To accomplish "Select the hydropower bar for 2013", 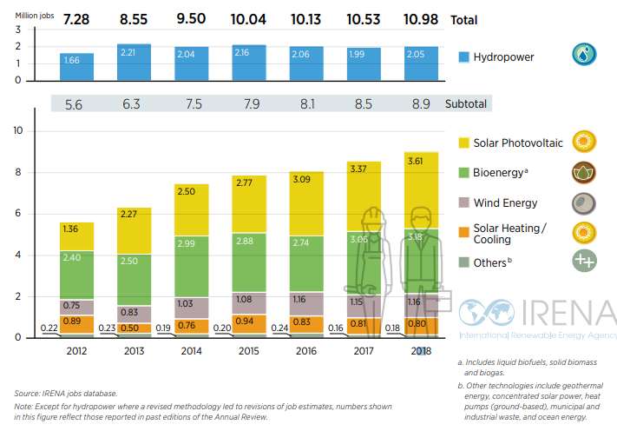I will click(134, 62).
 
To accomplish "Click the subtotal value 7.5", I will click(192, 103).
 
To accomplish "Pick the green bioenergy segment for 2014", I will click(192, 266).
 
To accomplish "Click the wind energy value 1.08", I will click(249, 298).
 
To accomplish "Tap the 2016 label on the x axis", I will click(306, 351).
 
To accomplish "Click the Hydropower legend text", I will click(504, 57).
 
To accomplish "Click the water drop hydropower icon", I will click(583, 55).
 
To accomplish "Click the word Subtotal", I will click(466, 103).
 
